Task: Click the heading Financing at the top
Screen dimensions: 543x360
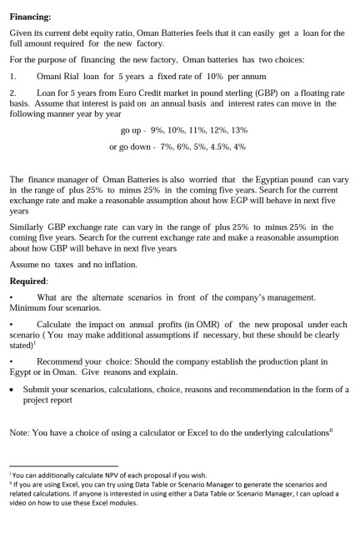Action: (30, 17)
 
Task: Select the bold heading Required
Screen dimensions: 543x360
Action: (29, 281)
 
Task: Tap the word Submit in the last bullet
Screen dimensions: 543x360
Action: (37, 389)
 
